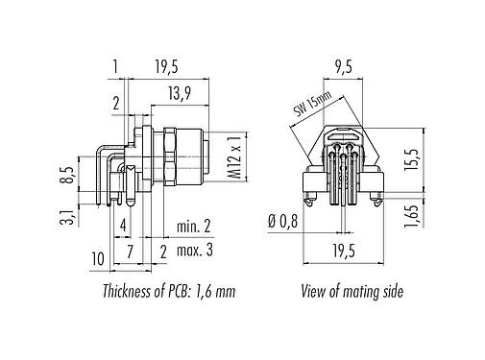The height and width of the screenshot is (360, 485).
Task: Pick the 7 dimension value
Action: [129, 252]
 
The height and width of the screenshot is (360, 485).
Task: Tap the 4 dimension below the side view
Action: [123, 228]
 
